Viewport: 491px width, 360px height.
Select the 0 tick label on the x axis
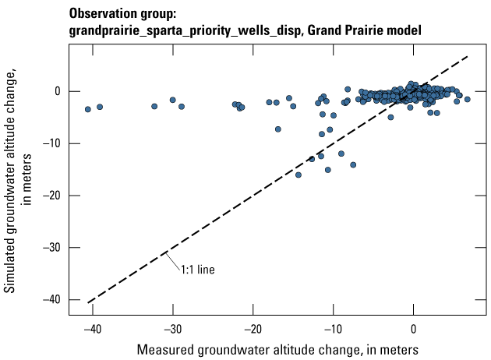tap(414, 328)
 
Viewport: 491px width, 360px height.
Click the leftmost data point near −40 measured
tap(87, 109)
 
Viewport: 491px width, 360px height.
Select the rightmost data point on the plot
tap(468, 99)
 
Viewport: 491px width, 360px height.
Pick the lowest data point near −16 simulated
tap(298, 175)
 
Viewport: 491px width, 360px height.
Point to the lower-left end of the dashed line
tap(88, 302)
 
